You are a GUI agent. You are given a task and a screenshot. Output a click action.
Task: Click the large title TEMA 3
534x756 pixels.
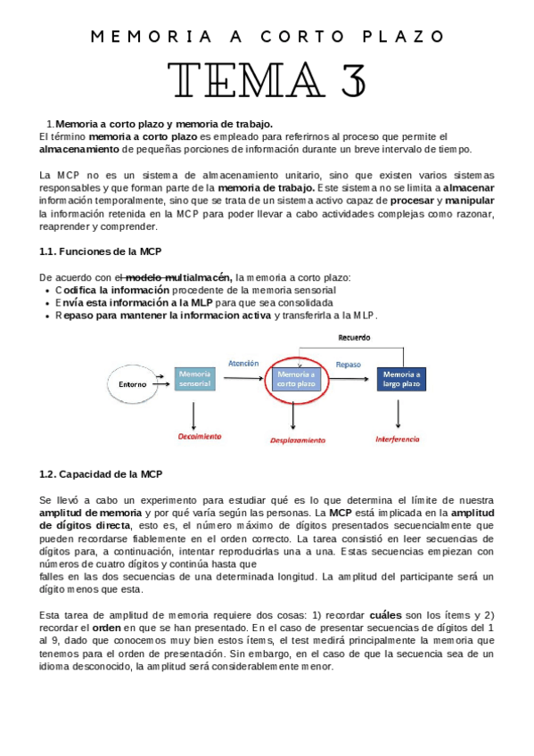(x=267, y=80)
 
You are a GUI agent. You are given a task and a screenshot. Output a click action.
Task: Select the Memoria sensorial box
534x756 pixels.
(x=195, y=379)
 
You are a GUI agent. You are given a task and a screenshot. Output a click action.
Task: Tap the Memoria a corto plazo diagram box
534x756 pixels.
(x=295, y=379)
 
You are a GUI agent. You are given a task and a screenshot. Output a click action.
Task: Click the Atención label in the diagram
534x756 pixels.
(x=243, y=364)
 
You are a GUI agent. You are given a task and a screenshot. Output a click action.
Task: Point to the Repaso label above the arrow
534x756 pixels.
(x=348, y=365)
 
